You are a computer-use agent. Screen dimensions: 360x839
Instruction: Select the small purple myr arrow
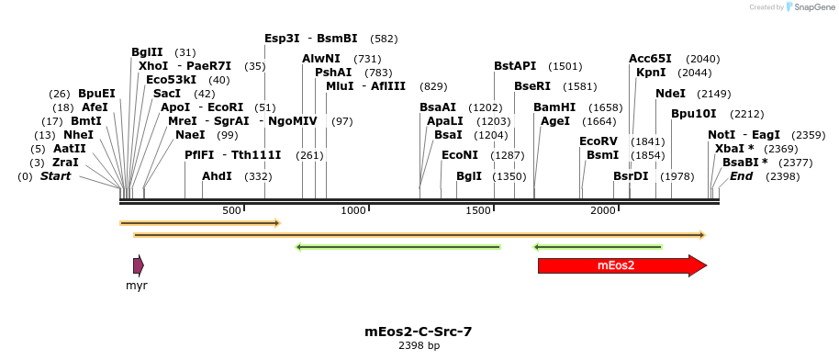(138, 266)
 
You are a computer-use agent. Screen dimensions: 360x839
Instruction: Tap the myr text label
(137, 286)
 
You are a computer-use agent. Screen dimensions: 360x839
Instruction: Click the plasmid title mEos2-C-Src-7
(419, 331)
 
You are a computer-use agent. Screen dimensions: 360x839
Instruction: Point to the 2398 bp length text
(419, 345)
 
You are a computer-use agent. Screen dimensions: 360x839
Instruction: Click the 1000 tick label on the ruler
(354, 210)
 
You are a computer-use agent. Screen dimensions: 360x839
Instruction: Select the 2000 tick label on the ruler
(603, 210)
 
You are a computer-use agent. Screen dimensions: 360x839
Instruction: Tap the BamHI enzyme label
(554, 107)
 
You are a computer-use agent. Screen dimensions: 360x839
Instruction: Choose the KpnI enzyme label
(651, 73)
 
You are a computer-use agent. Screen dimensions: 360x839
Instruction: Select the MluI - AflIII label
(365, 86)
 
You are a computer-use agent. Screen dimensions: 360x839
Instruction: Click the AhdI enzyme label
(217, 176)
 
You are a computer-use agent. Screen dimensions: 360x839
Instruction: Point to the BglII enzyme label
(147, 52)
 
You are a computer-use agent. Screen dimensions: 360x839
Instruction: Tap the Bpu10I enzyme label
(694, 114)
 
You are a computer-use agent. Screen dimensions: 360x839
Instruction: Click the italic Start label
(55, 176)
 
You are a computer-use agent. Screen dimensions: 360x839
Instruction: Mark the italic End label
(742, 176)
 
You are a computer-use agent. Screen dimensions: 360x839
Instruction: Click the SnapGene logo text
(811, 7)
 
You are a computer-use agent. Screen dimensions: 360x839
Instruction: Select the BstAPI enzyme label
(515, 66)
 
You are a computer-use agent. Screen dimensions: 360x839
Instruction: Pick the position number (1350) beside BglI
(509, 176)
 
